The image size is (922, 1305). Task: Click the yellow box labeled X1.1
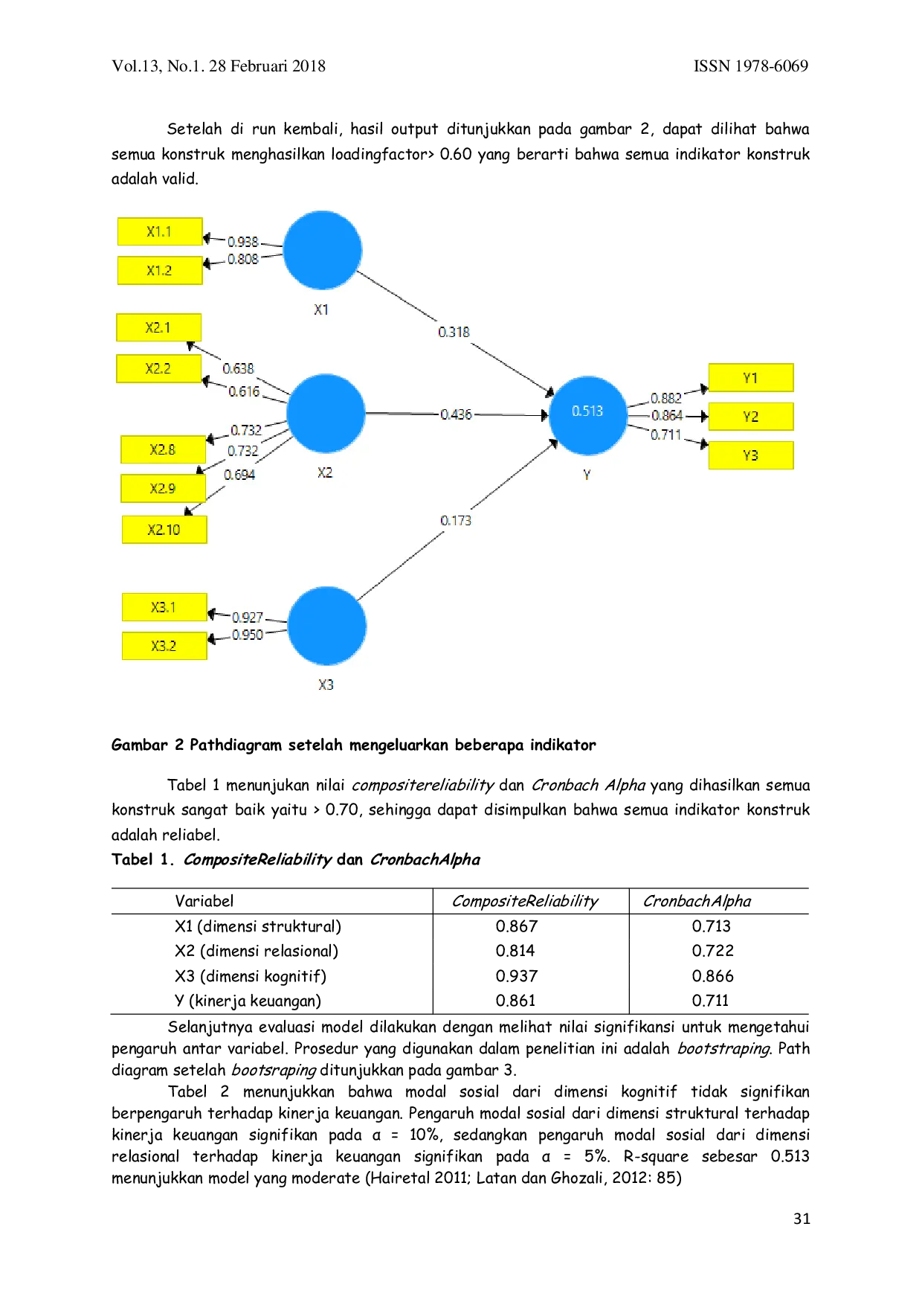(160, 231)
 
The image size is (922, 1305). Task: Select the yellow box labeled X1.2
(160, 270)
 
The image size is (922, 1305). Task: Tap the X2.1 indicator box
(158, 327)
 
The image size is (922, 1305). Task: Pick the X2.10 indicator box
(164, 530)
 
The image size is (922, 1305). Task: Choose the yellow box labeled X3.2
(164, 646)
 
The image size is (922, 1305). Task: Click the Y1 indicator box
(751, 378)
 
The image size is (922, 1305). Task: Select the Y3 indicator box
(751, 455)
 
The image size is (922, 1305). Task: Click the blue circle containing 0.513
(587, 415)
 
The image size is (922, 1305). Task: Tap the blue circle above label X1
(323, 250)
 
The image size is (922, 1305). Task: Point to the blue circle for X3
(326, 626)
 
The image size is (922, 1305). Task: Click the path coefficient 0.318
(454, 332)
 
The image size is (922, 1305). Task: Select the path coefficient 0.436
(456, 414)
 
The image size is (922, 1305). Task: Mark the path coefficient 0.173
(456, 520)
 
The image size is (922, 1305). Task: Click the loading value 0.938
(243, 242)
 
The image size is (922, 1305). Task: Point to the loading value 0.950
(248, 635)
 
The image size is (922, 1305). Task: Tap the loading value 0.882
(666, 398)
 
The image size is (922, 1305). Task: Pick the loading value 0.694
(239, 475)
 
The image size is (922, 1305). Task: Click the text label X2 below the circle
(325, 472)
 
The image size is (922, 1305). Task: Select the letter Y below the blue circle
(587, 475)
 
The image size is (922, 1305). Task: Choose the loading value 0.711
(666, 435)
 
